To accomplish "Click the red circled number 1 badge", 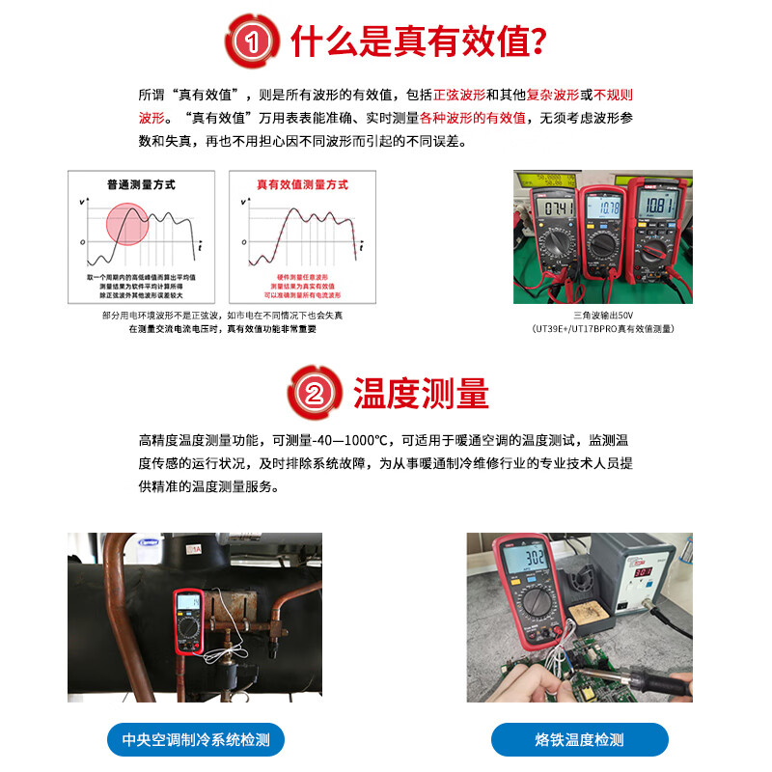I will (x=252, y=41).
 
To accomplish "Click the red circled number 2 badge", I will (x=315, y=393).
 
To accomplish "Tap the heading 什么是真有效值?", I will (x=420, y=41).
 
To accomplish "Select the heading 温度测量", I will (x=421, y=393).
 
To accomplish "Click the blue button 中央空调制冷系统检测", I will (x=195, y=740).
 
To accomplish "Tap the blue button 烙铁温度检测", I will (x=579, y=740).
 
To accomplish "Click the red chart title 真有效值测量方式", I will (x=302, y=184).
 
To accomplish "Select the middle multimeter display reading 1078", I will (x=605, y=208).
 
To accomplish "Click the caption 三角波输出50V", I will (x=602, y=315).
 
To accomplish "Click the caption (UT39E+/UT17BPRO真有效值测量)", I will (x=602, y=328).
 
